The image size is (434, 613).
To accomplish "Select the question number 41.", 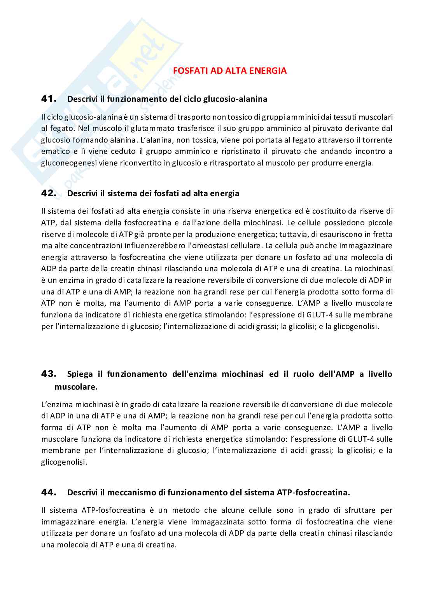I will click(x=49, y=99).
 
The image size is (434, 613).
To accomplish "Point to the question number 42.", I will click(x=49, y=193).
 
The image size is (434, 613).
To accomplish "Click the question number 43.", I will click(x=49, y=374).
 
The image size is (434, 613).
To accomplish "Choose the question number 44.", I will click(x=49, y=492).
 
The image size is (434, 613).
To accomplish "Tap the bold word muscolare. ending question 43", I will click(x=76, y=387).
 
